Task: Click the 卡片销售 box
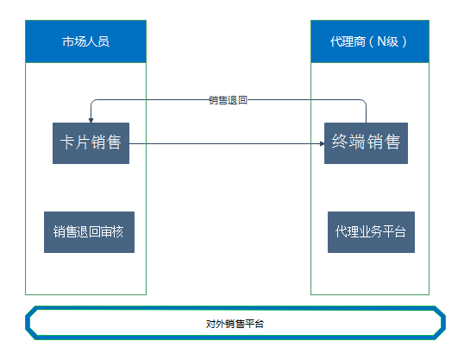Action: [x=91, y=143]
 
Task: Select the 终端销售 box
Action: [x=366, y=143]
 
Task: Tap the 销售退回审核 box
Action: [x=89, y=232]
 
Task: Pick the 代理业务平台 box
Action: [x=371, y=232]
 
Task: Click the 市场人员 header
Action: [x=86, y=41]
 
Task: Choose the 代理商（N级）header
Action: [x=370, y=41]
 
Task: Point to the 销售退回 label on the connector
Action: [x=228, y=100]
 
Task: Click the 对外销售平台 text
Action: [x=235, y=324]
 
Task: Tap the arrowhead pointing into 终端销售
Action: [x=322, y=143]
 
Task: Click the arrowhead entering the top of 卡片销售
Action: [x=91, y=120]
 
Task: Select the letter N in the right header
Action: [x=381, y=41]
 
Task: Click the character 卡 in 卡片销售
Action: [x=68, y=142]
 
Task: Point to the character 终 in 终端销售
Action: [x=340, y=142]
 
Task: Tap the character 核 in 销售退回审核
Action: [x=118, y=231]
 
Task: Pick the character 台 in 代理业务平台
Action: [x=400, y=231]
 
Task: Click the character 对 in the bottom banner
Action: [x=210, y=324]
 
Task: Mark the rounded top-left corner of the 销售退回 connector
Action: [x=92, y=102]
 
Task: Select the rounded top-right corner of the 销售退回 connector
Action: [x=364, y=102]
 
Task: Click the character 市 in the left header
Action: [x=68, y=41]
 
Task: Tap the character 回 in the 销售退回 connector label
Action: [x=243, y=100]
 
